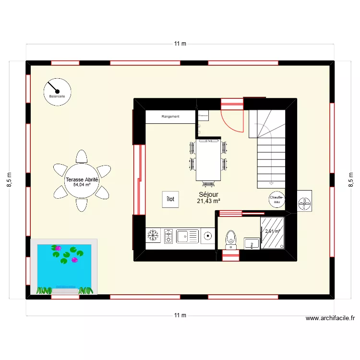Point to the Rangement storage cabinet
click(x=170, y=116)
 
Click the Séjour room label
click(x=208, y=195)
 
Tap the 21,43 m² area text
click(x=208, y=202)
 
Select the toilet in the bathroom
click(x=231, y=239)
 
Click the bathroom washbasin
click(x=252, y=243)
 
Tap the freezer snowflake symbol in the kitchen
click(x=153, y=235)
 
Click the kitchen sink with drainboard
click(x=187, y=236)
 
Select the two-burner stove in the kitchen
click(x=168, y=236)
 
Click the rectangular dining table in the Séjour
click(x=208, y=160)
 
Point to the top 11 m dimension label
click(x=180, y=44)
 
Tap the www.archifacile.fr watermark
click(x=330, y=318)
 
